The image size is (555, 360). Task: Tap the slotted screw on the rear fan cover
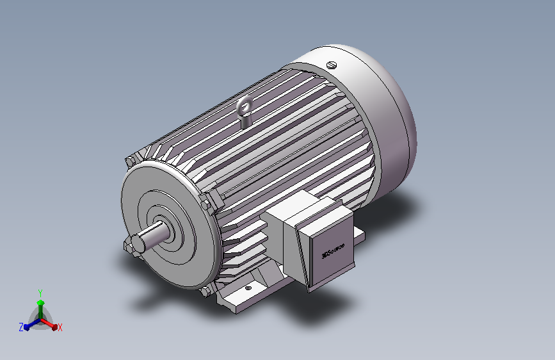(331, 64)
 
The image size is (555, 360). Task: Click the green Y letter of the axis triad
(40, 292)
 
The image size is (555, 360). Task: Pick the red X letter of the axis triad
(60, 327)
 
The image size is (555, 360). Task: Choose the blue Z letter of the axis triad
(21, 327)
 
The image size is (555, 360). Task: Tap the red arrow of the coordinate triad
(52, 324)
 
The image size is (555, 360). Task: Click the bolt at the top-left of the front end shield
(131, 161)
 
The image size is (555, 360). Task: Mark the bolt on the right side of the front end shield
(206, 206)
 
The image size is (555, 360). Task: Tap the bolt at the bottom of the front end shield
(205, 291)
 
